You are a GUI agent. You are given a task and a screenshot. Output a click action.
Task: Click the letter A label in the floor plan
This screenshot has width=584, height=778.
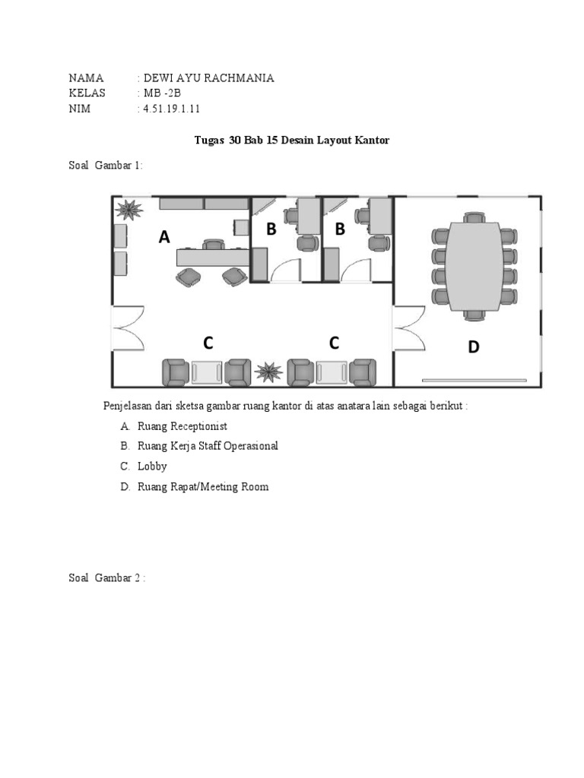164,238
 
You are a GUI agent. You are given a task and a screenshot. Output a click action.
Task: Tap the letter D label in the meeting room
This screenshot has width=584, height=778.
474,347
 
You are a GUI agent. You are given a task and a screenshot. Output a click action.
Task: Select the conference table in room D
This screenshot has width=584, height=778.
474,266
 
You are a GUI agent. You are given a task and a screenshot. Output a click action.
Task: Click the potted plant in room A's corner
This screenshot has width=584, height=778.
127,209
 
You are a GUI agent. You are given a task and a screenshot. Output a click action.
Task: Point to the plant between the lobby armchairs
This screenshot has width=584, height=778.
268,372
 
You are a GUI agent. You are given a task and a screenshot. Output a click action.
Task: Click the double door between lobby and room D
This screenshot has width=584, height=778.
409,327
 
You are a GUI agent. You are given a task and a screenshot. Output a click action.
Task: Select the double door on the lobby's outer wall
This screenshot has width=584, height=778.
128,327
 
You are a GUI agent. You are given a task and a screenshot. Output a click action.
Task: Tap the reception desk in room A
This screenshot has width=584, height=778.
212,258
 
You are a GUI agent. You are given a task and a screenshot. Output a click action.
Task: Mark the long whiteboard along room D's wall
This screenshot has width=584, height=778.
474,379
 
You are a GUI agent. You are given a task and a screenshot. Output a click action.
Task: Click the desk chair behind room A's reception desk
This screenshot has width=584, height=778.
214,244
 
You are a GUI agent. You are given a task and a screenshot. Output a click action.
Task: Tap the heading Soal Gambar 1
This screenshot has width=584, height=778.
106,166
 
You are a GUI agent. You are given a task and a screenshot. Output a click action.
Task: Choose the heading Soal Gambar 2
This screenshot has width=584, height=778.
106,578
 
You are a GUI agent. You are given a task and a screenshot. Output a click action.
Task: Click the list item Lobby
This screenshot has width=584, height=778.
152,466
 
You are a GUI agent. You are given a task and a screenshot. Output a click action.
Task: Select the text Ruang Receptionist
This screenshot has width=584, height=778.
182,426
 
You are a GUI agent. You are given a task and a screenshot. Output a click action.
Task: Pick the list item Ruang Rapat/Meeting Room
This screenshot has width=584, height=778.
203,486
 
